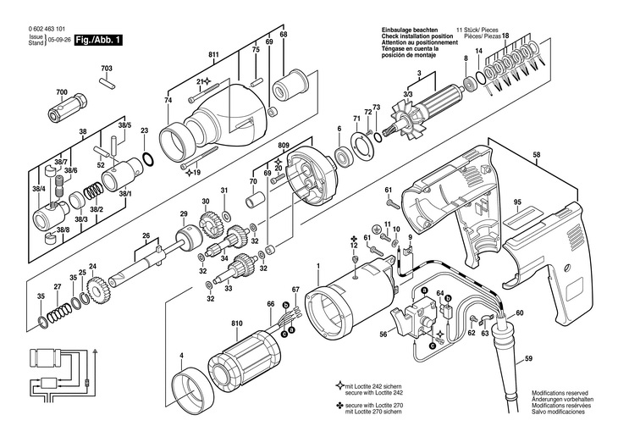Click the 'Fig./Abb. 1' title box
pos(100,39)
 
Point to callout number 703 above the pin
pos(107,68)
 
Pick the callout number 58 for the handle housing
pos(560,155)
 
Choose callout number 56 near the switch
pos(383,335)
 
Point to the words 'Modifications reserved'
pos(561,394)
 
